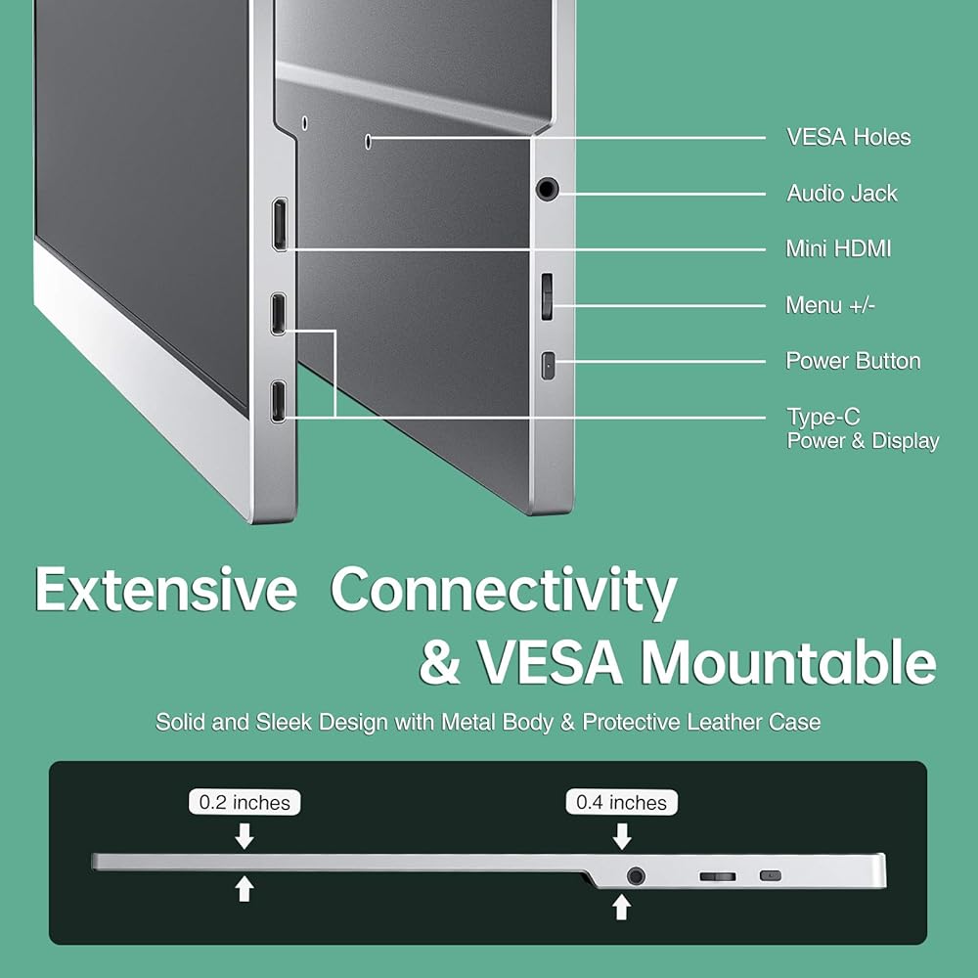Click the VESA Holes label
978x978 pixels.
coord(848,137)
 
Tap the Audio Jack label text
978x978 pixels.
coord(842,194)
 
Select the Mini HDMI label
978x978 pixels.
coord(838,248)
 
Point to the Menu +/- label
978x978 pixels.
coord(830,305)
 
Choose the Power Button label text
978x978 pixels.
coord(853,361)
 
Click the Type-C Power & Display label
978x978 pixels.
coord(863,428)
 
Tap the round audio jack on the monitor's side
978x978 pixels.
coord(547,189)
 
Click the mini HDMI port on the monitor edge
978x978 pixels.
coord(280,225)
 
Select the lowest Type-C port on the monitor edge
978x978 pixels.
coord(279,401)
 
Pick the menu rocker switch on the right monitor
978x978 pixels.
coord(547,296)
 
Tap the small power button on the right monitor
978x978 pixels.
coord(548,366)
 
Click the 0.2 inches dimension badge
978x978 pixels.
coord(244,802)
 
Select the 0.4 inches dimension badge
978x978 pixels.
coord(621,802)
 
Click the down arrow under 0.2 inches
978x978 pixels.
coord(244,836)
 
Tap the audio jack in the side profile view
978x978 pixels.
coord(636,876)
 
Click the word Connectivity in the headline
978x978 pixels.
coord(504,591)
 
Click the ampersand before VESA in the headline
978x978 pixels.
coord(440,663)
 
